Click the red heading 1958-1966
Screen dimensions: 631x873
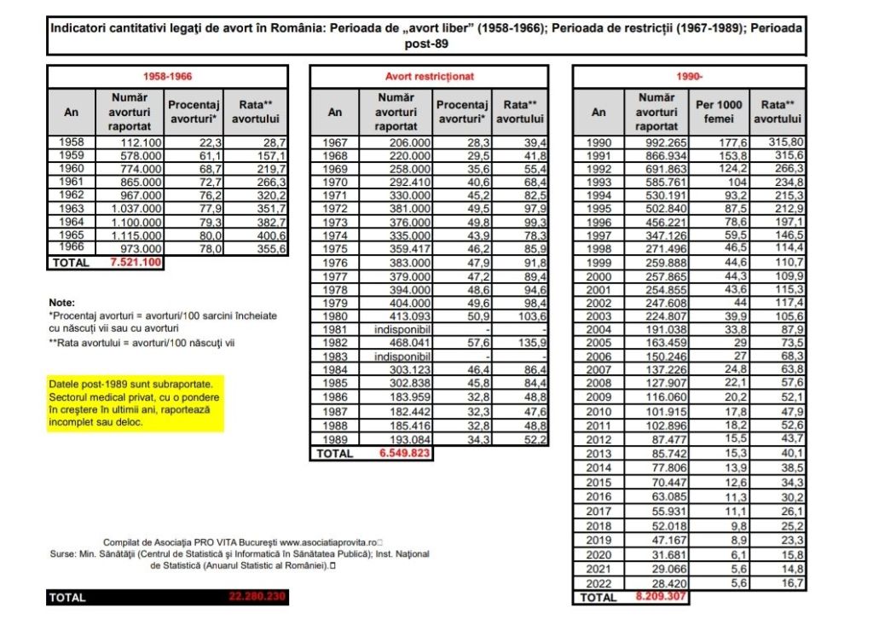(x=167, y=77)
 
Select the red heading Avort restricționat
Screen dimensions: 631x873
(x=430, y=77)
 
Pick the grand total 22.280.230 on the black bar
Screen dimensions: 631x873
(x=257, y=598)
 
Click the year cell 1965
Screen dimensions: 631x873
(x=72, y=235)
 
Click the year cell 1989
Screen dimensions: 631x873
(x=335, y=440)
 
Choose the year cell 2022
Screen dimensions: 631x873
(x=598, y=584)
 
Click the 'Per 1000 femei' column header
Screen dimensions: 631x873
(x=719, y=112)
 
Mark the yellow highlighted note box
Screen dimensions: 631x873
(x=135, y=402)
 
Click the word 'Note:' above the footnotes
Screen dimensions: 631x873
(x=62, y=303)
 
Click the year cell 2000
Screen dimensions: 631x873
(x=598, y=278)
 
